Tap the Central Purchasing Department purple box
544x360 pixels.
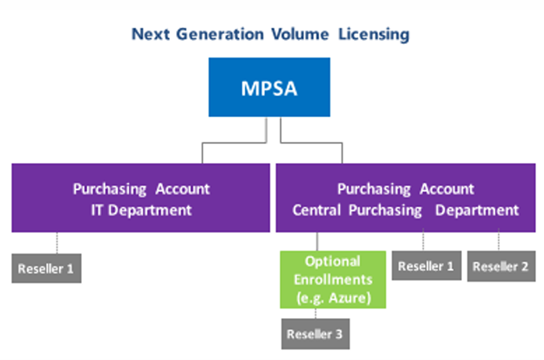click(x=405, y=199)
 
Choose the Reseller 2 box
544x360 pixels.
click(x=500, y=267)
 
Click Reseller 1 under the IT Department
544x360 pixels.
click(x=46, y=268)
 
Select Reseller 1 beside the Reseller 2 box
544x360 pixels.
click(x=425, y=267)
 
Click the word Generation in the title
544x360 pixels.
click(x=212, y=35)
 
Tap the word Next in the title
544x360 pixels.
click(x=149, y=35)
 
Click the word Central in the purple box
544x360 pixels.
click(x=319, y=210)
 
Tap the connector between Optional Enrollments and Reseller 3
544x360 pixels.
click(x=316, y=314)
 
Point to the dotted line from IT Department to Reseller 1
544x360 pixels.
click(x=58, y=243)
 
